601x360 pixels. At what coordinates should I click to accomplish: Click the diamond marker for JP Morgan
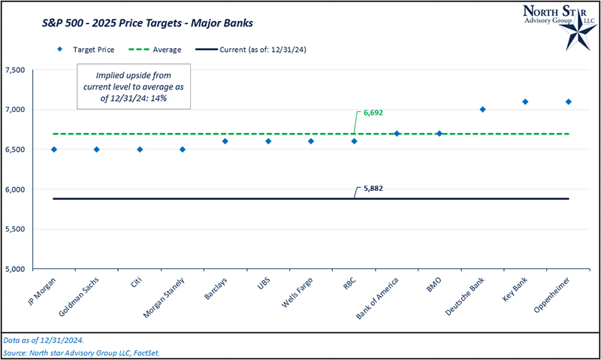point(53,150)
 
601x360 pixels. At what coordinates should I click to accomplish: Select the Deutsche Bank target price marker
point(482,110)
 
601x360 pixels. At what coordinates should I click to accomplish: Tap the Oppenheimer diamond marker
point(568,101)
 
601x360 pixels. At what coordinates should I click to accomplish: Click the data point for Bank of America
point(397,134)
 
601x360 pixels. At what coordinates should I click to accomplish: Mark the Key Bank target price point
point(525,101)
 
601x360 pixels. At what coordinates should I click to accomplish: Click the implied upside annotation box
point(134,86)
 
